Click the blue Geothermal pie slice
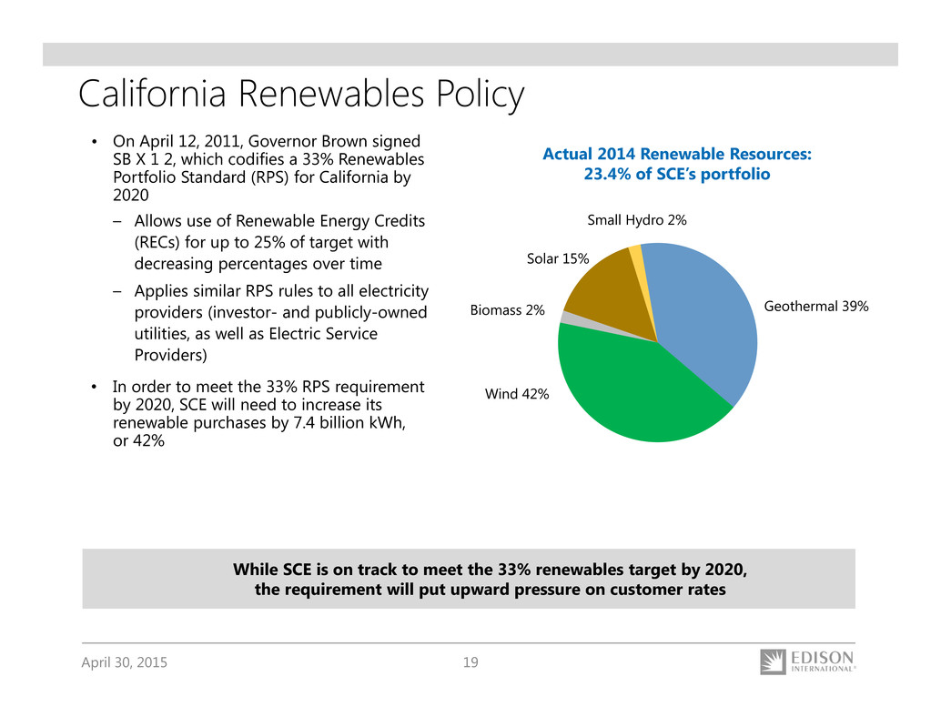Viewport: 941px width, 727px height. tap(705, 318)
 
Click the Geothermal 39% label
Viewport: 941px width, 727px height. tap(815, 307)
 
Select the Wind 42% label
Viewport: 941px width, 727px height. tap(517, 393)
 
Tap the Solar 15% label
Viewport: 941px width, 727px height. tap(558, 260)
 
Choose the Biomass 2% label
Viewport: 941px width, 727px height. tap(507, 310)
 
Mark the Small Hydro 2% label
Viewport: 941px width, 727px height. tap(636, 219)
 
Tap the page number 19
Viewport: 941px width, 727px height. tap(470, 662)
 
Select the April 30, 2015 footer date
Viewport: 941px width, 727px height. tap(124, 662)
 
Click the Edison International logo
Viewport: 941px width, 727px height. tap(807, 661)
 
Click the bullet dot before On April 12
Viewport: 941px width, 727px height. tap(95, 143)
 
